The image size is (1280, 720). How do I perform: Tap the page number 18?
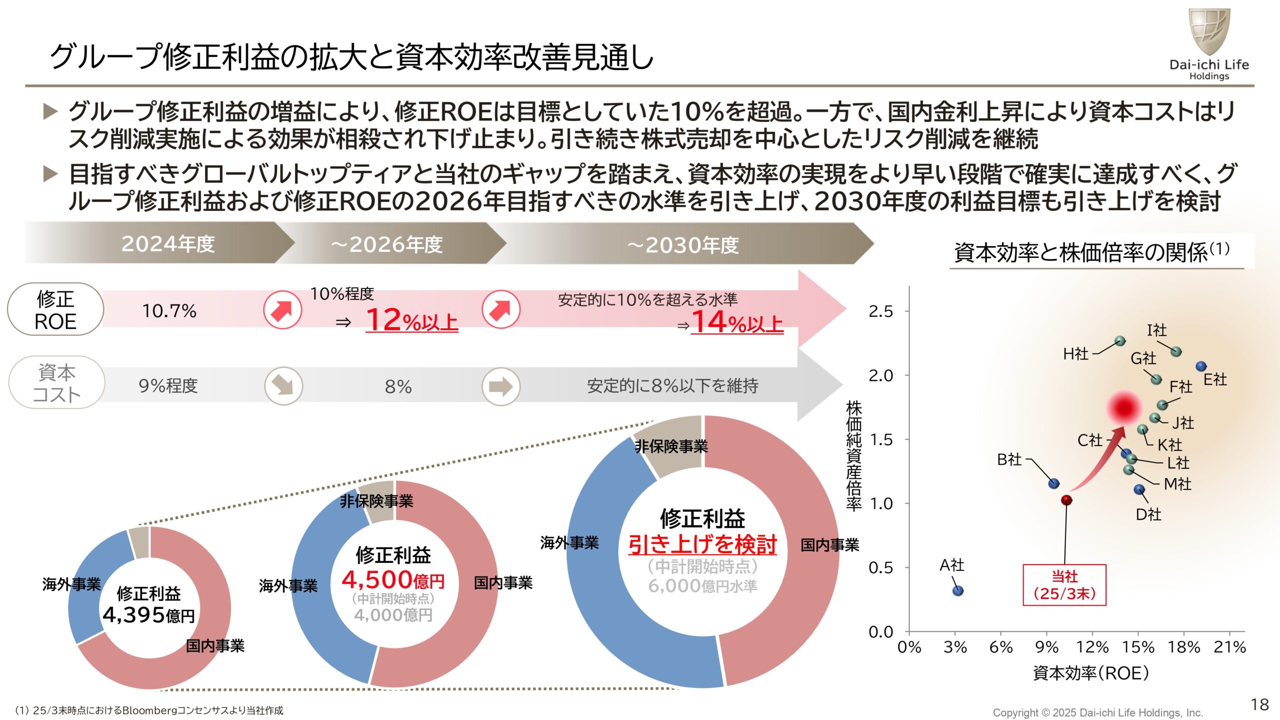(x=1259, y=704)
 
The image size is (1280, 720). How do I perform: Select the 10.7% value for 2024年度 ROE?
(x=169, y=311)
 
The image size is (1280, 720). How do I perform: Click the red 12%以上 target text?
(x=411, y=320)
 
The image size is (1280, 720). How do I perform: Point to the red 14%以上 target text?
(x=737, y=322)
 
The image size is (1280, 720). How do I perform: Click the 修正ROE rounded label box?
(x=55, y=309)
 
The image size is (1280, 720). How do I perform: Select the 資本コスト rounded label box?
(x=56, y=383)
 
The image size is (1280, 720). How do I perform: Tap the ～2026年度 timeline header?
(x=387, y=244)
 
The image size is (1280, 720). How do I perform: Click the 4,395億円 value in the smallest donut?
(x=148, y=615)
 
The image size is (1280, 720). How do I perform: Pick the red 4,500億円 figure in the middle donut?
(x=393, y=580)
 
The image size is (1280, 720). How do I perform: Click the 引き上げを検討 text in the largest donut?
(x=702, y=544)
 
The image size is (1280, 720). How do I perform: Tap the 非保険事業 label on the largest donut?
(x=671, y=446)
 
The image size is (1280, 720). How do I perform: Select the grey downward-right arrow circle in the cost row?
(x=283, y=386)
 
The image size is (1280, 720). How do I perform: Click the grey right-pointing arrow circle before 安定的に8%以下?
(x=500, y=386)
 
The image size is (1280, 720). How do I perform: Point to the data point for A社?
(x=957, y=590)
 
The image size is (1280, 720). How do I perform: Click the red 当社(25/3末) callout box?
(x=1064, y=585)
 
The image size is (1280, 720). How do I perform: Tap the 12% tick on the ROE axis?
(x=1092, y=647)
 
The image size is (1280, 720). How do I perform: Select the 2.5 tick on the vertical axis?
(x=880, y=311)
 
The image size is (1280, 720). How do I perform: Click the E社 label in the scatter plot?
(x=1214, y=379)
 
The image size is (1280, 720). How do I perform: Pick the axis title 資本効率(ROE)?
(x=1090, y=673)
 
